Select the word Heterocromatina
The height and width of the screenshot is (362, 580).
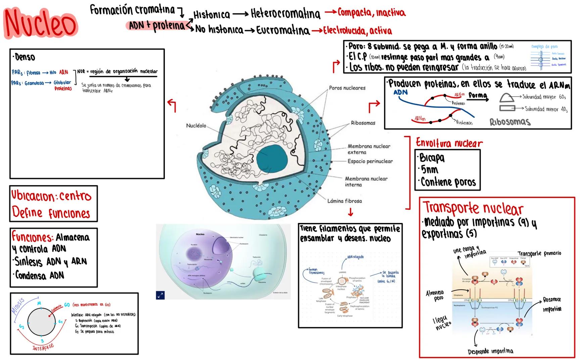(x=285, y=14)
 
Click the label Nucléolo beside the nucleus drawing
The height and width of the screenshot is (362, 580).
(x=196, y=126)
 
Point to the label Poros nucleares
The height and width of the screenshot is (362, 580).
(x=347, y=88)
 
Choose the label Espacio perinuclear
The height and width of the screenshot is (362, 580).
(x=370, y=161)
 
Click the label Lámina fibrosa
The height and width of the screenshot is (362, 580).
(x=344, y=201)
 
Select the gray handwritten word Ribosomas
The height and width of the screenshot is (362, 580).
(x=510, y=122)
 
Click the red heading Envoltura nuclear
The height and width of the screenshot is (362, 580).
(x=449, y=143)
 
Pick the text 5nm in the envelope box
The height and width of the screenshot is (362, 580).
(x=429, y=170)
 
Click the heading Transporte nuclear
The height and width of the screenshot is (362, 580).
(x=473, y=208)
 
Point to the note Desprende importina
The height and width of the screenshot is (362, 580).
(x=490, y=352)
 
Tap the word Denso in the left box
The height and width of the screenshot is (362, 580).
(x=25, y=57)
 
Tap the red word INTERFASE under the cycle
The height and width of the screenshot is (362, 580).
(x=43, y=347)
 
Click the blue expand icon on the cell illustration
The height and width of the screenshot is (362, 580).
(x=160, y=295)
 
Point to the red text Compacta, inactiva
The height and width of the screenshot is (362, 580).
(x=371, y=13)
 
